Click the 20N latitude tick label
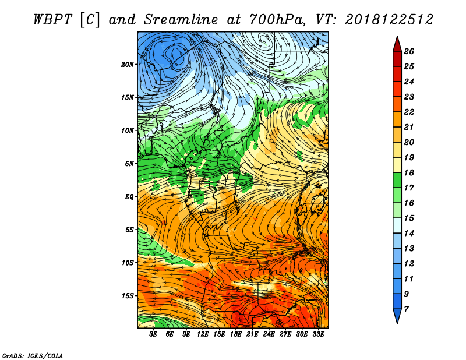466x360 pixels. pyautogui.click(x=128, y=64)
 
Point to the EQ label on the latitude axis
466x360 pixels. pyautogui.click(x=129, y=196)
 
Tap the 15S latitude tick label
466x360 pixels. pyautogui.click(x=128, y=296)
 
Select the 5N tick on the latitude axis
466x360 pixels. pyautogui.click(x=129, y=164)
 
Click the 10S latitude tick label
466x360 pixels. pyautogui.click(x=128, y=263)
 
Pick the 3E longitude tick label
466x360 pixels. pyautogui.click(x=153, y=334)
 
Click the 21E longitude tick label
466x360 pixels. pyautogui.click(x=252, y=334)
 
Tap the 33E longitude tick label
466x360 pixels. pyautogui.click(x=318, y=334)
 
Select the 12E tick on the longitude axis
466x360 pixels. pyautogui.click(x=203, y=334)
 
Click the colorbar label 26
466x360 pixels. pyautogui.click(x=409, y=51)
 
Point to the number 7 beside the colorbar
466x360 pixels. pyautogui.click(x=406, y=309)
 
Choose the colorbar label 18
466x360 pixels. pyautogui.click(x=409, y=172)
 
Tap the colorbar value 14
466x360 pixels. pyautogui.click(x=409, y=233)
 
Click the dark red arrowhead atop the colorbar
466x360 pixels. pyautogui.click(x=397, y=45)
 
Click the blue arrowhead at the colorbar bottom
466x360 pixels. pyautogui.click(x=397, y=315)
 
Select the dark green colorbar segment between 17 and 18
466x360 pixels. pyautogui.click(x=397, y=180)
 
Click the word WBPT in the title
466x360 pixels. pyautogui.click(x=52, y=20)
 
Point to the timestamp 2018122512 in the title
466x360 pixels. pyautogui.click(x=389, y=20)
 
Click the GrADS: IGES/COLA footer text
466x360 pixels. pyautogui.click(x=33, y=355)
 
